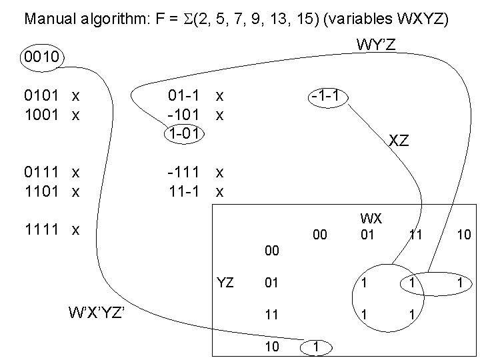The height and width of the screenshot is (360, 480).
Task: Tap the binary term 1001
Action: [41, 114]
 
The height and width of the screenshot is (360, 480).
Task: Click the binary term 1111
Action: [41, 229]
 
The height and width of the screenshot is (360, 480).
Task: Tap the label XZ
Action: [399, 141]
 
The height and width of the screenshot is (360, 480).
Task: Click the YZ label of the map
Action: [225, 283]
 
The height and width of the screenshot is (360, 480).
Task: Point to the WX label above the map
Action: [367, 219]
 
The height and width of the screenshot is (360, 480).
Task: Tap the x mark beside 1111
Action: [76, 229]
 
